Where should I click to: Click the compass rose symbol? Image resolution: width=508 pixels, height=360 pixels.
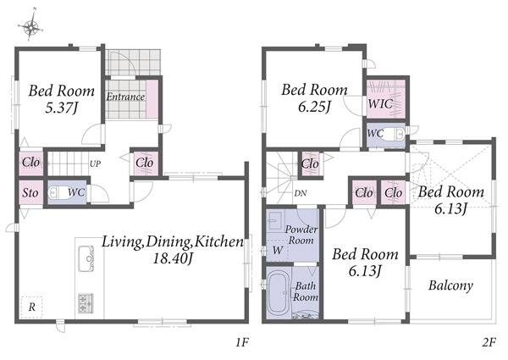click(30, 26)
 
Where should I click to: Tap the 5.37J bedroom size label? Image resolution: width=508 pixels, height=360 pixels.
click(62, 108)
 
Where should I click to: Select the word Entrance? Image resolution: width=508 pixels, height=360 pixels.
click(125, 97)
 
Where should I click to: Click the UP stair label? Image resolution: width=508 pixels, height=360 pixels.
click(95, 164)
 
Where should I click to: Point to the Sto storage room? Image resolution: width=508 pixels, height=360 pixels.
click(30, 192)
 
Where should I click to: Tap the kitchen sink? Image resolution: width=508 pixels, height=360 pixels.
click(86, 258)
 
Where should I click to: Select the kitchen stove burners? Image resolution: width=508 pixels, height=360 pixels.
click(86, 303)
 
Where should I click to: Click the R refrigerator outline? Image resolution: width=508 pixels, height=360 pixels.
click(32, 307)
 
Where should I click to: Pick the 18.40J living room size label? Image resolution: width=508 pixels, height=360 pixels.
click(173, 258)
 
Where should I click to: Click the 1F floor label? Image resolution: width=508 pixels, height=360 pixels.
click(241, 342)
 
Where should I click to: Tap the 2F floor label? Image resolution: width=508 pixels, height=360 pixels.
click(489, 342)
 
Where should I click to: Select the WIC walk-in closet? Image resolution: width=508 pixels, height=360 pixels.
click(386, 99)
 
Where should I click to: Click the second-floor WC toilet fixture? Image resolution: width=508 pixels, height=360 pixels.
click(395, 133)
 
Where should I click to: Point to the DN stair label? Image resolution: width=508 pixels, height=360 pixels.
click(301, 193)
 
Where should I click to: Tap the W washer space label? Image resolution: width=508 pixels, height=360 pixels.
click(278, 250)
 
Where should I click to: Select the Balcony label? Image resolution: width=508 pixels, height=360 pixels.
click(450, 285)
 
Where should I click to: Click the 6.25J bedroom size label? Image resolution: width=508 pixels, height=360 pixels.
click(314, 106)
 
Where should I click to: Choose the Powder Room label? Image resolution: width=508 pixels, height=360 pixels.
click(301, 235)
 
